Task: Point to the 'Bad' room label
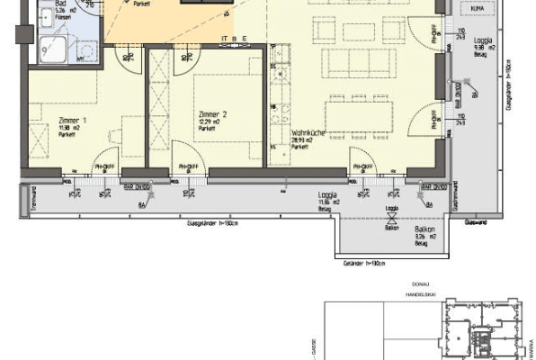click(x=46, y=4)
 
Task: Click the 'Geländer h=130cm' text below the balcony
click(x=364, y=264)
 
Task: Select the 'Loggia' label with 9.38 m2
click(x=483, y=41)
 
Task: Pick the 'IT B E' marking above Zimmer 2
click(x=234, y=38)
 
